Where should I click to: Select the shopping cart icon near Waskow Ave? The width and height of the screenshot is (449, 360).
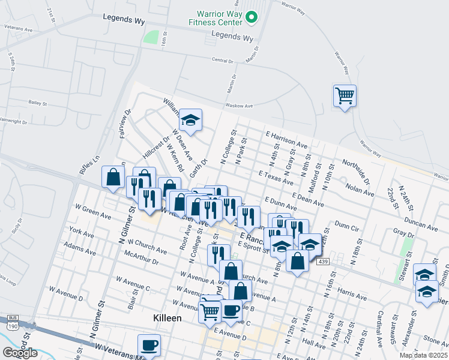click(x=345, y=95)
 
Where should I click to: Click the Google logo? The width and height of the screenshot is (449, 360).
click(x=20, y=353)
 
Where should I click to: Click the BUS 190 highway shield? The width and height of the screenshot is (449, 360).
click(x=13, y=322)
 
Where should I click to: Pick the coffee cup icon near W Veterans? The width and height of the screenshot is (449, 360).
click(x=149, y=345)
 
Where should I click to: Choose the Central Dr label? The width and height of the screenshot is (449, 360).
click(x=222, y=60)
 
